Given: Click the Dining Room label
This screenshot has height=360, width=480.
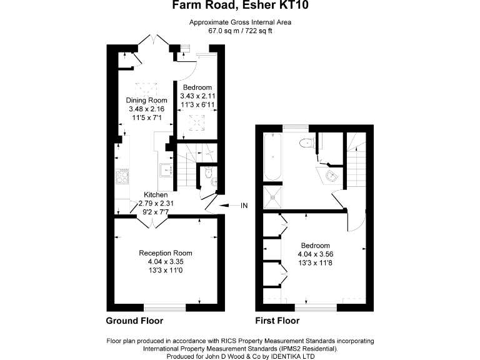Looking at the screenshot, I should coord(147,101).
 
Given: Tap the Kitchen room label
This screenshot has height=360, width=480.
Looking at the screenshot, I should coord(156,195).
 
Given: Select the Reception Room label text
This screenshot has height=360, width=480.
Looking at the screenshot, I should coord(165,253).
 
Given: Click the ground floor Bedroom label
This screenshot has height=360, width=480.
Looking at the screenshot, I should coord(197,87).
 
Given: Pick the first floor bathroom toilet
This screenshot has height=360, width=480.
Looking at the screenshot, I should coord(306,142).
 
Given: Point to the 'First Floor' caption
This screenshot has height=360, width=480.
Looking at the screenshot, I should coord(277,321).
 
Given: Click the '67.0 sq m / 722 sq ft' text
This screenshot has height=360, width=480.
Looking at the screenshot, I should coord(241,30).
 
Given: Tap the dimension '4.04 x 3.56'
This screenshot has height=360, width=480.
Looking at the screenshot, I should coord(315,254).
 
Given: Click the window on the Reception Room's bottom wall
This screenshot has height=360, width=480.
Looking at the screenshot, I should coord(165,307).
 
